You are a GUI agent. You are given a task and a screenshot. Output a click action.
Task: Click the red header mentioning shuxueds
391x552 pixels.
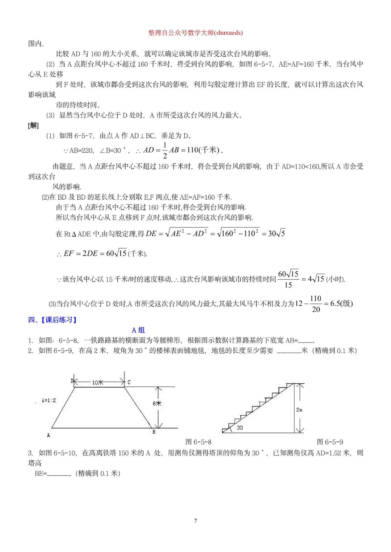point(195,33)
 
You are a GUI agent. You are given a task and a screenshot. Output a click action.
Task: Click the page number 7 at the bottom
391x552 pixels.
point(195,521)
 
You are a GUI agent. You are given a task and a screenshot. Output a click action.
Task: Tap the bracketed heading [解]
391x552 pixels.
point(33,126)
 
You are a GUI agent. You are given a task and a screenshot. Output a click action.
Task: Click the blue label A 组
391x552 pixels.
point(138,330)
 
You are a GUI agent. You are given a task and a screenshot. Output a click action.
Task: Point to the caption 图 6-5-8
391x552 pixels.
point(198,442)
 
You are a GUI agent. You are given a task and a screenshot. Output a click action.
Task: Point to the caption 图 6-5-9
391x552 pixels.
point(330,442)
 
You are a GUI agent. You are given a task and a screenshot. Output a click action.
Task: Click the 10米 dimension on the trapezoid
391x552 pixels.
point(97,382)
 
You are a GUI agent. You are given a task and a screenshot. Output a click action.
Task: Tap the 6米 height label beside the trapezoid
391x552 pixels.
point(157,403)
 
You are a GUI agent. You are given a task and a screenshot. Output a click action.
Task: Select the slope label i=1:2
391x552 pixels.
point(49,400)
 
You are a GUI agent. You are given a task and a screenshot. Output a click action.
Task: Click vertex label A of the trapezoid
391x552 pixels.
point(49,435)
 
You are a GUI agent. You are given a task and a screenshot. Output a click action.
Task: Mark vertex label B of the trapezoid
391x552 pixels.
point(154,432)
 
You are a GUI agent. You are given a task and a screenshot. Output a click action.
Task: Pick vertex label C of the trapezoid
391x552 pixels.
point(129,382)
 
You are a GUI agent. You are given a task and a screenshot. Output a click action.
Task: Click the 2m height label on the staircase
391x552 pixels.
point(299,410)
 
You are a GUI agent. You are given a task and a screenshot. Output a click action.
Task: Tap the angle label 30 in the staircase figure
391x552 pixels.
point(240,428)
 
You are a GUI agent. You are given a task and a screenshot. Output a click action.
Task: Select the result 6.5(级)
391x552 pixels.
point(341,303)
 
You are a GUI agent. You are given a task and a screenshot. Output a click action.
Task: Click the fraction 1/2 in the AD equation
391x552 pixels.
point(165,150)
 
